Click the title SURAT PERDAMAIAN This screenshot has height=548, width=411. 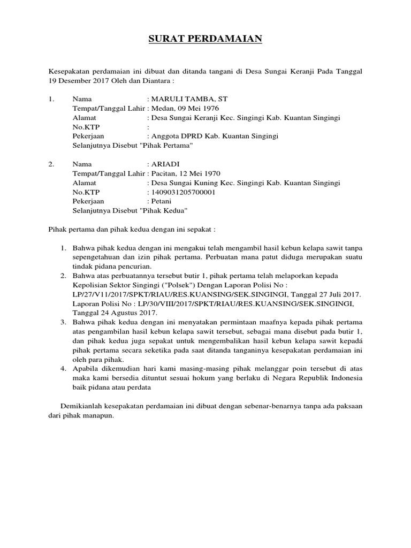[x=205, y=40]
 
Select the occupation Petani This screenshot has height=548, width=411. [x=162, y=201]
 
